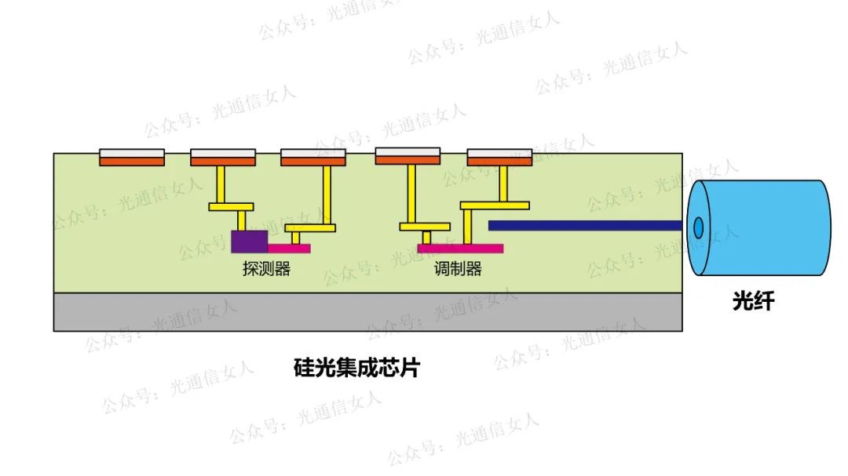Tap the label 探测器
266,269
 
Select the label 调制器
458,269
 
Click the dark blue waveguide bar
584,225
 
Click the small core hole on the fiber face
698,227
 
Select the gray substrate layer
367,312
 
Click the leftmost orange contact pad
132,162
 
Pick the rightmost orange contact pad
499,162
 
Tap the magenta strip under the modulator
460,249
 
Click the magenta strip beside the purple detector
289,249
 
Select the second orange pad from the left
223,162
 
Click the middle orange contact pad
313,162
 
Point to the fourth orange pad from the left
408,161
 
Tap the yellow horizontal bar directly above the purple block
231,207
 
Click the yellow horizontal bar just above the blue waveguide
495,205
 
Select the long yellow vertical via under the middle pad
326,195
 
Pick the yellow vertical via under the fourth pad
411,194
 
